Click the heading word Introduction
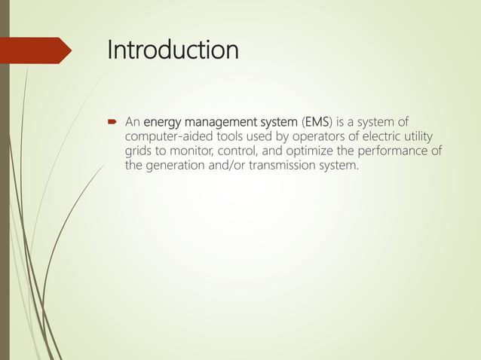coord(173,50)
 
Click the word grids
coord(140,151)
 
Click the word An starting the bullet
coord(133,122)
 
